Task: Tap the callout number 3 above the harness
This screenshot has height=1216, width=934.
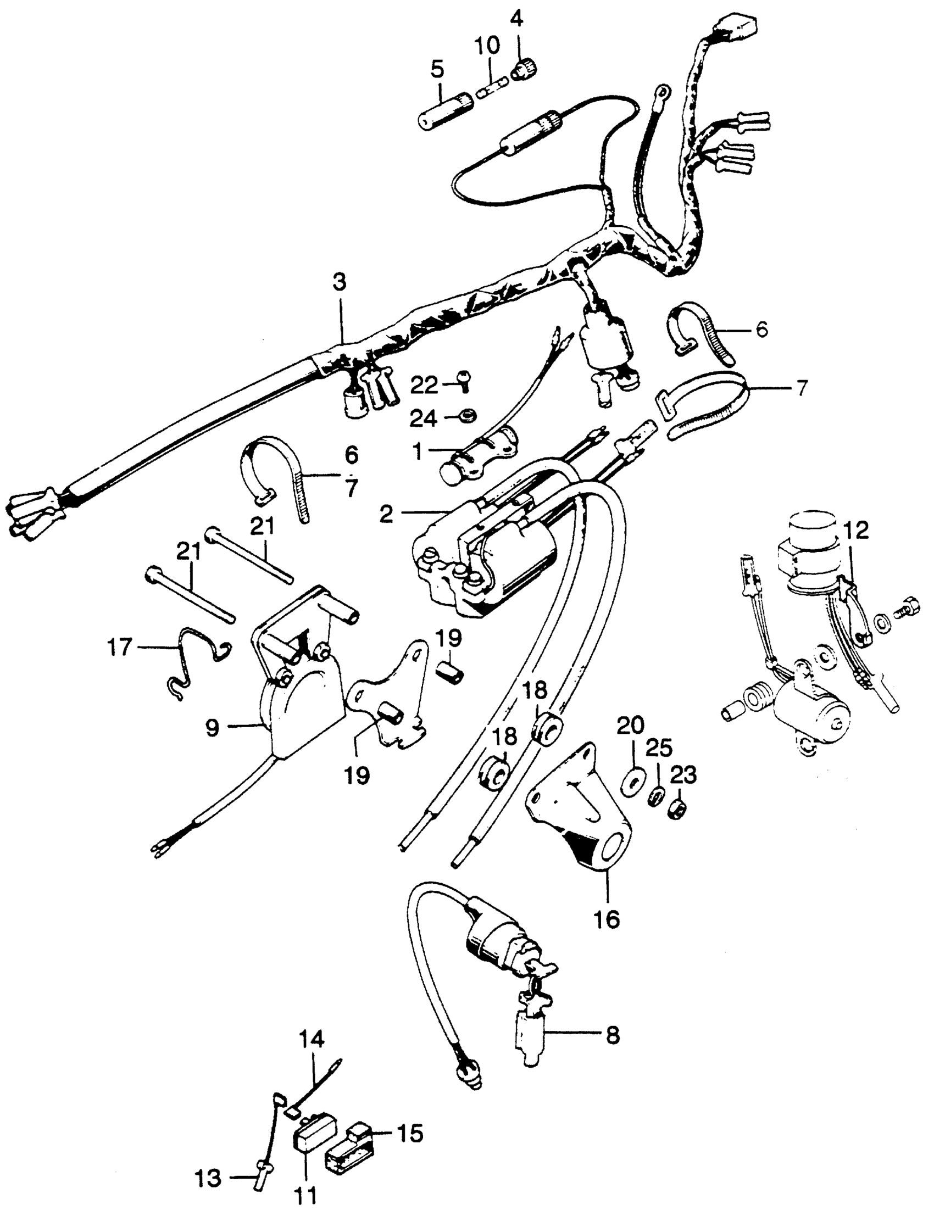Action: coord(340,282)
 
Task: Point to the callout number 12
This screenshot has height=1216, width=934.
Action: coord(857,531)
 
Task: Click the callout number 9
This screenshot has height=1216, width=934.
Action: coord(213,728)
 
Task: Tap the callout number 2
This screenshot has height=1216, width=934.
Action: coord(386,514)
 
